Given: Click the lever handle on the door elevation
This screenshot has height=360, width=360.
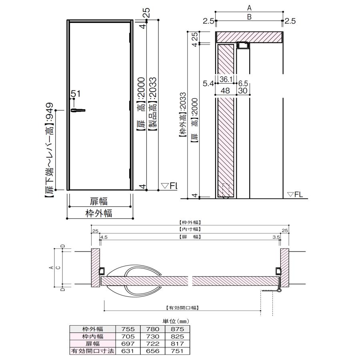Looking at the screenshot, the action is tap(78, 110).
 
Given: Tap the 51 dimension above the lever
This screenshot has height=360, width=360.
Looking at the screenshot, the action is tap(76, 94).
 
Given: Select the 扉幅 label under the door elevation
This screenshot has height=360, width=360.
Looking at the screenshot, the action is tap(99, 201).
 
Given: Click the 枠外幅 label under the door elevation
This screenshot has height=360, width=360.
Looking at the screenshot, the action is tap(99, 213).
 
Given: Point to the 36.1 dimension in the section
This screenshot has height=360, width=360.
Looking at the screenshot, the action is tap(226, 79).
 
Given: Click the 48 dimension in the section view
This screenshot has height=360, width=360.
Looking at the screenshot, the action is tap(225, 90).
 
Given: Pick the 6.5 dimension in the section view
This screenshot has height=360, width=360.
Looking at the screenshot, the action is tap(243, 83).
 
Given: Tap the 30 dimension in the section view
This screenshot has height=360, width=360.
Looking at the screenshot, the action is tap(243, 90).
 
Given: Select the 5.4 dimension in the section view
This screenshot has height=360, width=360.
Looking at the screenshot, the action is tap(208, 83).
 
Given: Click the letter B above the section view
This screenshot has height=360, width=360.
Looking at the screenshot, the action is tap(249, 17).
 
